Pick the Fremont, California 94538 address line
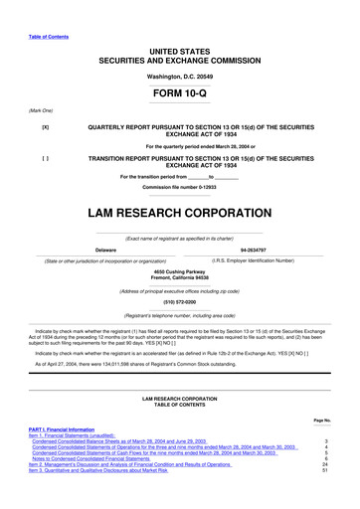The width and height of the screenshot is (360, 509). tap(179, 278)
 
